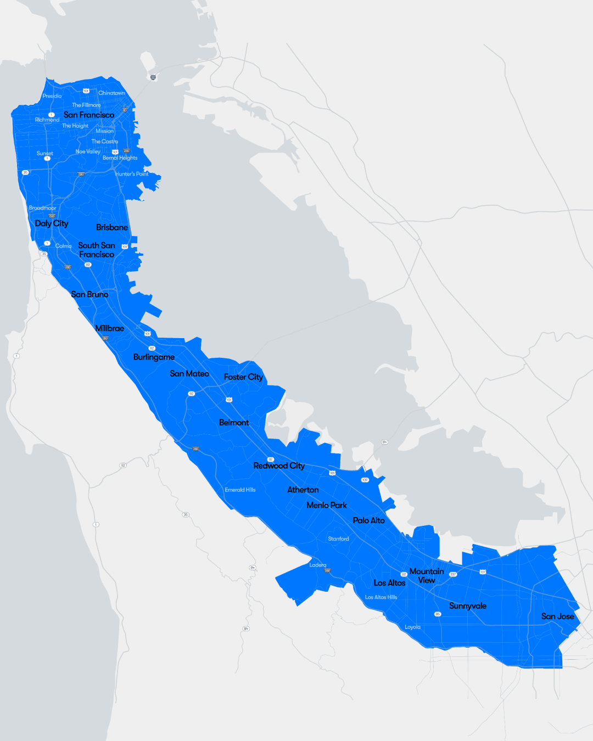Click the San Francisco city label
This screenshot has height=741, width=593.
pyautogui.click(x=89, y=115)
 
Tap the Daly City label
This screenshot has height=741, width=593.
pyautogui.click(x=52, y=223)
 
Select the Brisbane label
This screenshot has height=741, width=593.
pyautogui.click(x=112, y=227)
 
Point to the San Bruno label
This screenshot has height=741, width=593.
pyautogui.click(x=89, y=294)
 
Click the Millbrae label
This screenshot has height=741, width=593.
pyautogui.click(x=110, y=328)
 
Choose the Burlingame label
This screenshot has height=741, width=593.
pyautogui.click(x=154, y=357)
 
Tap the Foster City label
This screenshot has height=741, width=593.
pyautogui.click(x=243, y=377)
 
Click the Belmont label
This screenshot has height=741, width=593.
pyautogui.click(x=234, y=423)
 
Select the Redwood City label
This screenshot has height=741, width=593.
pyautogui.click(x=279, y=465)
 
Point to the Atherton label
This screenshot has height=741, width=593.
pyautogui.click(x=303, y=490)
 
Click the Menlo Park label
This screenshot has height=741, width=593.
pyautogui.click(x=327, y=505)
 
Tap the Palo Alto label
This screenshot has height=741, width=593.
pyautogui.click(x=369, y=520)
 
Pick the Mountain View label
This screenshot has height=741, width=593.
pyautogui.click(x=427, y=576)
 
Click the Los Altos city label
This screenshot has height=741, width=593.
pyautogui.click(x=390, y=583)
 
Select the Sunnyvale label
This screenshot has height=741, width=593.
pyautogui.click(x=468, y=606)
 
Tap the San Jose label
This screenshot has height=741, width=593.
pyautogui.click(x=558, y=616)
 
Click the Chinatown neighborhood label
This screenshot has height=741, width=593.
pyautogui.click(x=112, y=93)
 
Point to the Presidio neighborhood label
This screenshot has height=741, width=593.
pyautogui.click(x=52, y=96)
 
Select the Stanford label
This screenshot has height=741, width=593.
pyautogui.click(x=338, y=539)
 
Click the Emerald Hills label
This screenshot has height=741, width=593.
pyautogui.click(x=240, y=490)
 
